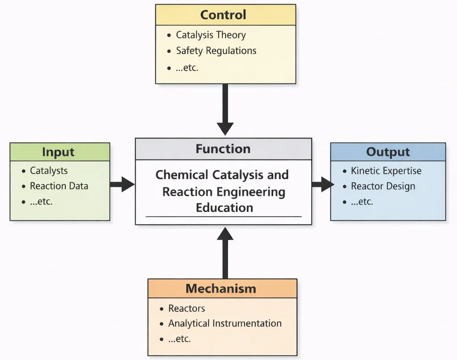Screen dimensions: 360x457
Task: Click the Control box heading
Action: click(223, 15)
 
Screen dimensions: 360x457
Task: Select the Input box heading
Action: click(58, 152)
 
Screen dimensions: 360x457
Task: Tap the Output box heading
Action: click(388, 152)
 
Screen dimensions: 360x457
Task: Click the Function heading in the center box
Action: click(223, 149)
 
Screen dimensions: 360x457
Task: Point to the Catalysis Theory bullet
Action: click(211, 35)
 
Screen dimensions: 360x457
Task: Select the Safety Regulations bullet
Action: click(216, 51)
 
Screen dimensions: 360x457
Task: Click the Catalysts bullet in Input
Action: click(49, 171)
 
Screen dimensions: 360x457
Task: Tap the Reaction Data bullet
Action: click(59, 186)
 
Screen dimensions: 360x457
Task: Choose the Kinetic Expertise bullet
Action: click(386, 171)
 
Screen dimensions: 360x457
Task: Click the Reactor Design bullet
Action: click(383, 186)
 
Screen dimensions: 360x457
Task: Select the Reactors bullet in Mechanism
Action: click(187, 308)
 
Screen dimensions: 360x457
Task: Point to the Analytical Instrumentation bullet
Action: click(224, 323)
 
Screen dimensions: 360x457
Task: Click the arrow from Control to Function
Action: click(225, 109)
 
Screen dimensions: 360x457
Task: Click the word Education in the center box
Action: click(224, 207)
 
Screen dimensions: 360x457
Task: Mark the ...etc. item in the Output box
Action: click(362, 202)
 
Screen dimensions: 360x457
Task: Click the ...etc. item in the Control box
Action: click(187, 68)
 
